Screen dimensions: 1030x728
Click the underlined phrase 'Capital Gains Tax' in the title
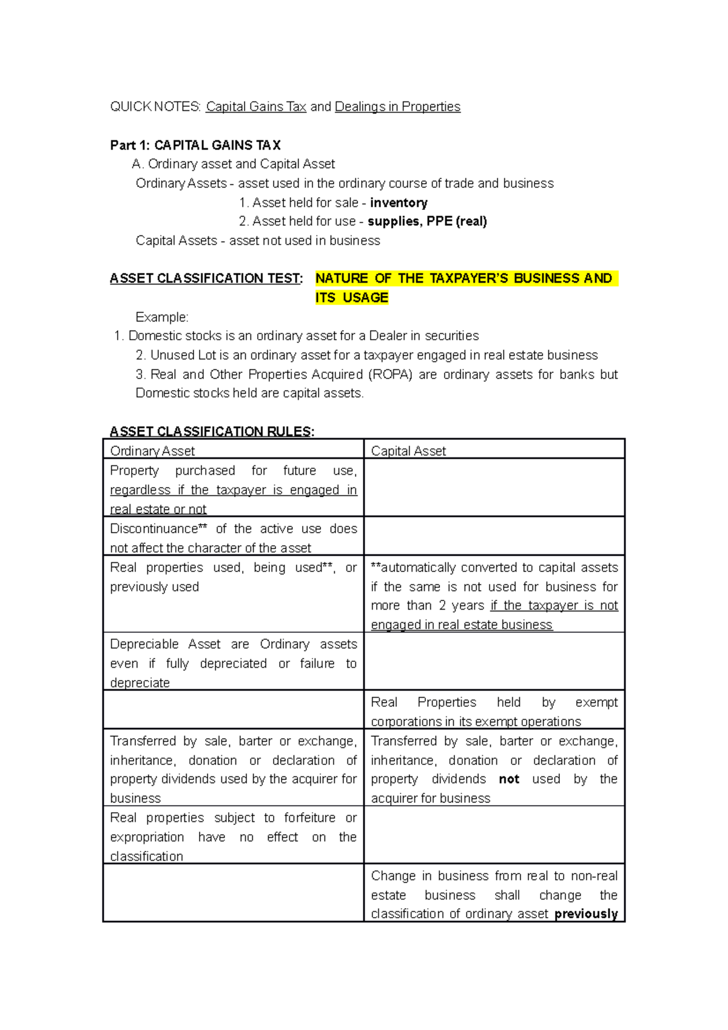click(256, 107)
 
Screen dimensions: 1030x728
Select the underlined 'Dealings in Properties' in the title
click(397, 107)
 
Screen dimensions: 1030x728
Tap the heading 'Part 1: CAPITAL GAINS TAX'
click(195, 145)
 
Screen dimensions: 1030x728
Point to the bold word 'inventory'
click(399, 203)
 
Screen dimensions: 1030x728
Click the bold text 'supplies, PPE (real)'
click(427, 221)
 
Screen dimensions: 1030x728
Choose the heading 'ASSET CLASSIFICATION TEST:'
click(206, 278)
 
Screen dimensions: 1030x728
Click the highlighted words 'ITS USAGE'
click(351, 298)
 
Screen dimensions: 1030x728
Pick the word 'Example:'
click(162, 317)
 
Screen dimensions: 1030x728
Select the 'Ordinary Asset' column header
click(152, 451)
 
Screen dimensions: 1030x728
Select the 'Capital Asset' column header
click(408, 451)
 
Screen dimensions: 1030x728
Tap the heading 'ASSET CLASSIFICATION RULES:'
click(212, 431)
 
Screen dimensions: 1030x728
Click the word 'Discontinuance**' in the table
click(158, 528)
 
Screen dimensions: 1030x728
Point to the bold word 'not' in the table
click(509, 779)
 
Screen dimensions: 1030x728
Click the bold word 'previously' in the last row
click(586, 914)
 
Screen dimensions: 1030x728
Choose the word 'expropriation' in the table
click(147, 837)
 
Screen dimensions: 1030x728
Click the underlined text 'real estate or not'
click(158, 509)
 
